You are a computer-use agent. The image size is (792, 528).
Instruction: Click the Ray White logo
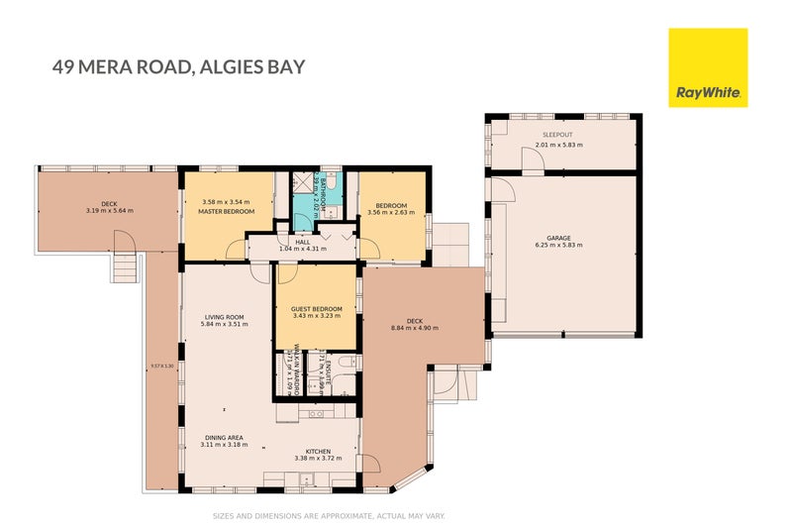708,67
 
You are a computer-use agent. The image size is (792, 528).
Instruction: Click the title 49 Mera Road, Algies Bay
178,67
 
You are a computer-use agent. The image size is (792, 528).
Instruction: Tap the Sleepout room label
558,135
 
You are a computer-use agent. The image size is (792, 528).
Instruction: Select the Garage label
560,238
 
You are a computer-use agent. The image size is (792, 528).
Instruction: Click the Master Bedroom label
226,212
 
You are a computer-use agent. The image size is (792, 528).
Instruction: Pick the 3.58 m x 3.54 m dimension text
226,203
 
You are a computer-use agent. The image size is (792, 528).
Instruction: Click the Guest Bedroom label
316,309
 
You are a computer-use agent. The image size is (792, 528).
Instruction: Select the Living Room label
224,317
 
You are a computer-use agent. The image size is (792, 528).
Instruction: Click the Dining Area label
225,437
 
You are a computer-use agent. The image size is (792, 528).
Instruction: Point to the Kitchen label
318,451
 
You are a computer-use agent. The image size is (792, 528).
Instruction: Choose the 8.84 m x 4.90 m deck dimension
414,328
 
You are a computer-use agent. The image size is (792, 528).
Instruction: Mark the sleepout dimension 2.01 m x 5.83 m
558,145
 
